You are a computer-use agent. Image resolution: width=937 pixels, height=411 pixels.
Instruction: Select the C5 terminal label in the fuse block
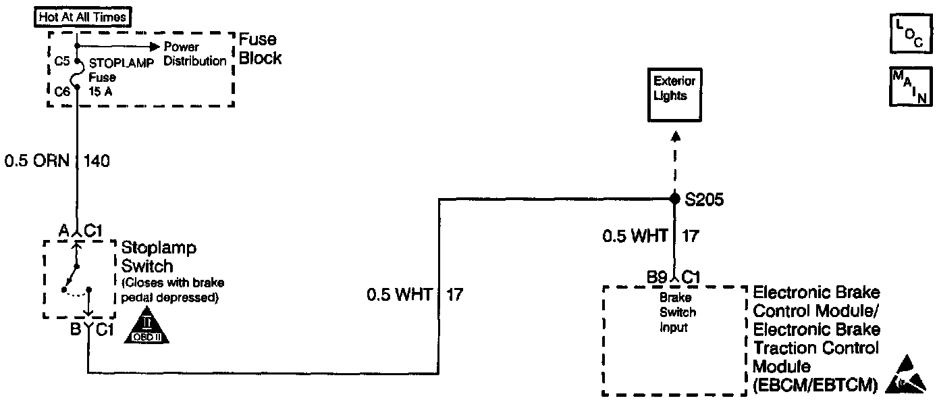click(x=63, y=61)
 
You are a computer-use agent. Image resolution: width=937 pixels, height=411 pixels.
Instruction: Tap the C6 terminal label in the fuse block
click(x=63, y=90)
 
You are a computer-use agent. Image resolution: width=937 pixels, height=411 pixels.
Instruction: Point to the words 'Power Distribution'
click(x=195, y=54)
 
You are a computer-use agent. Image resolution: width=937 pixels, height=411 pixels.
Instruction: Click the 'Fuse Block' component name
click(x=260, y=49)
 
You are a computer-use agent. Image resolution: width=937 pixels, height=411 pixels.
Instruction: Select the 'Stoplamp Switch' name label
click(x=159, y=256)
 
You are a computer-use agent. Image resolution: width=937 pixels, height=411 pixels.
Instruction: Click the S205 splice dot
click(x=674, y=198)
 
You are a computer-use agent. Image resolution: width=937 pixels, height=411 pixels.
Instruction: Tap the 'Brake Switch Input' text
click(x=676, y=312)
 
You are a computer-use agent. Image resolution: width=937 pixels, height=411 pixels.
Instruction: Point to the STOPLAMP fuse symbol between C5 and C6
click(x=78, y=75)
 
